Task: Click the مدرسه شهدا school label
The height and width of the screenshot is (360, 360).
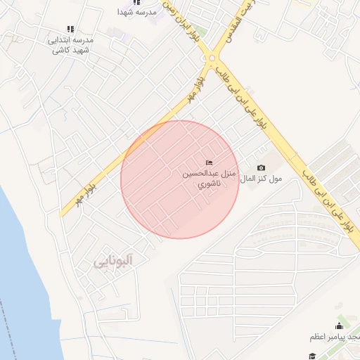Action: click(136, 13)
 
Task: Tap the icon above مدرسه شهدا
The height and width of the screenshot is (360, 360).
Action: click(136, 2)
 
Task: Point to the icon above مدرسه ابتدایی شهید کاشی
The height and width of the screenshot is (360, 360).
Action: click(70, 29)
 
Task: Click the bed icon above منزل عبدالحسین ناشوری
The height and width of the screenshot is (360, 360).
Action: click(208, 163)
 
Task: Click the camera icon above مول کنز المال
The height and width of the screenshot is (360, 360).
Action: click(262, 167)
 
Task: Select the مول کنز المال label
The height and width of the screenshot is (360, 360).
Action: click(261, 179)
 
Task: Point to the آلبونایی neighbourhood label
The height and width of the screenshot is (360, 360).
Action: click(113, 262)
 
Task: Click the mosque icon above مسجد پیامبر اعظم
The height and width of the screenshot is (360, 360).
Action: click(340, 326)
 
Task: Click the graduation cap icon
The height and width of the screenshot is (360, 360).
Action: click(312, 356)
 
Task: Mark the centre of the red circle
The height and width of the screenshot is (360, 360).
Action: click(180, 179)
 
